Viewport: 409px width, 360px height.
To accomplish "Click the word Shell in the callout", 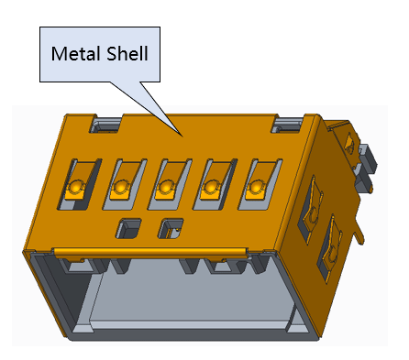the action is coord(127,53).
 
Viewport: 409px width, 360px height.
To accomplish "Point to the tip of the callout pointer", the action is coord(182,136).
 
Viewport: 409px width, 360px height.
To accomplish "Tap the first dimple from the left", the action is coord(74,187).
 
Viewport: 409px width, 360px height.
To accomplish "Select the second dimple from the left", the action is coord(120,186).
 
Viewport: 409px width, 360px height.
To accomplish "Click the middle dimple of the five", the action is coord(165,186).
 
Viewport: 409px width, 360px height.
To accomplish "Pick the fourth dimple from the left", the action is coord(210,186).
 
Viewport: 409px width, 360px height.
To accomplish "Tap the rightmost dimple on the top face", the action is coord(256,186).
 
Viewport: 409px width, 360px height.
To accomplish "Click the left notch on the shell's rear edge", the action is coord(106,124).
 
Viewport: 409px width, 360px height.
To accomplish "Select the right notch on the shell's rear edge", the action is coord(287,124).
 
